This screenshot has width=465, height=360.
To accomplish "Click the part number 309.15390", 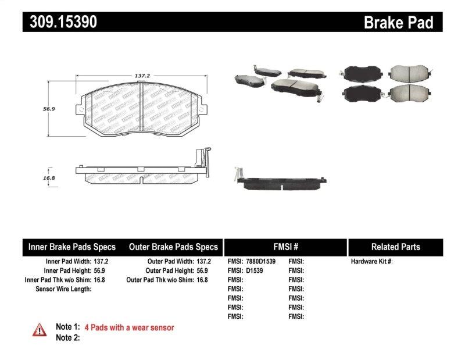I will (x=60, y=22).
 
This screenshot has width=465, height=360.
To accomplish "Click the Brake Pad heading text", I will (x=398, y=23).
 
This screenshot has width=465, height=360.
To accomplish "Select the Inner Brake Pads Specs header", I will (x=72, y=247).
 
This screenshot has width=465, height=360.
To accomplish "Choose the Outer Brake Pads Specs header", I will (x=173, y=247).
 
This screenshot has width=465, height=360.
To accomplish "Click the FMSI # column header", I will (x=285, y=247).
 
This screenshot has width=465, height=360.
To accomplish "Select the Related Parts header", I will (x=395, y=247).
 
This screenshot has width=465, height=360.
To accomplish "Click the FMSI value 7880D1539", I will (x=260, y=262).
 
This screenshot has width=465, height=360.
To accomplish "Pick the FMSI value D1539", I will (x=254, y=270).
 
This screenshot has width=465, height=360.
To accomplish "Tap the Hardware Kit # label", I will (x=371, y=262).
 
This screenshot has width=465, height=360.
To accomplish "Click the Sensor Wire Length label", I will (x=63, y=288).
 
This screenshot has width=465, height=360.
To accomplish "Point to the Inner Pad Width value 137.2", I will (x=101, y=262).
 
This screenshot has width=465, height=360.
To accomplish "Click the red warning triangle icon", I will (x=40, y=330).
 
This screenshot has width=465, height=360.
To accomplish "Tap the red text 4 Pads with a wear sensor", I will (x=129, y=327).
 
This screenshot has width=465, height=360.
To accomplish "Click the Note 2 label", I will (x=67, y=337).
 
